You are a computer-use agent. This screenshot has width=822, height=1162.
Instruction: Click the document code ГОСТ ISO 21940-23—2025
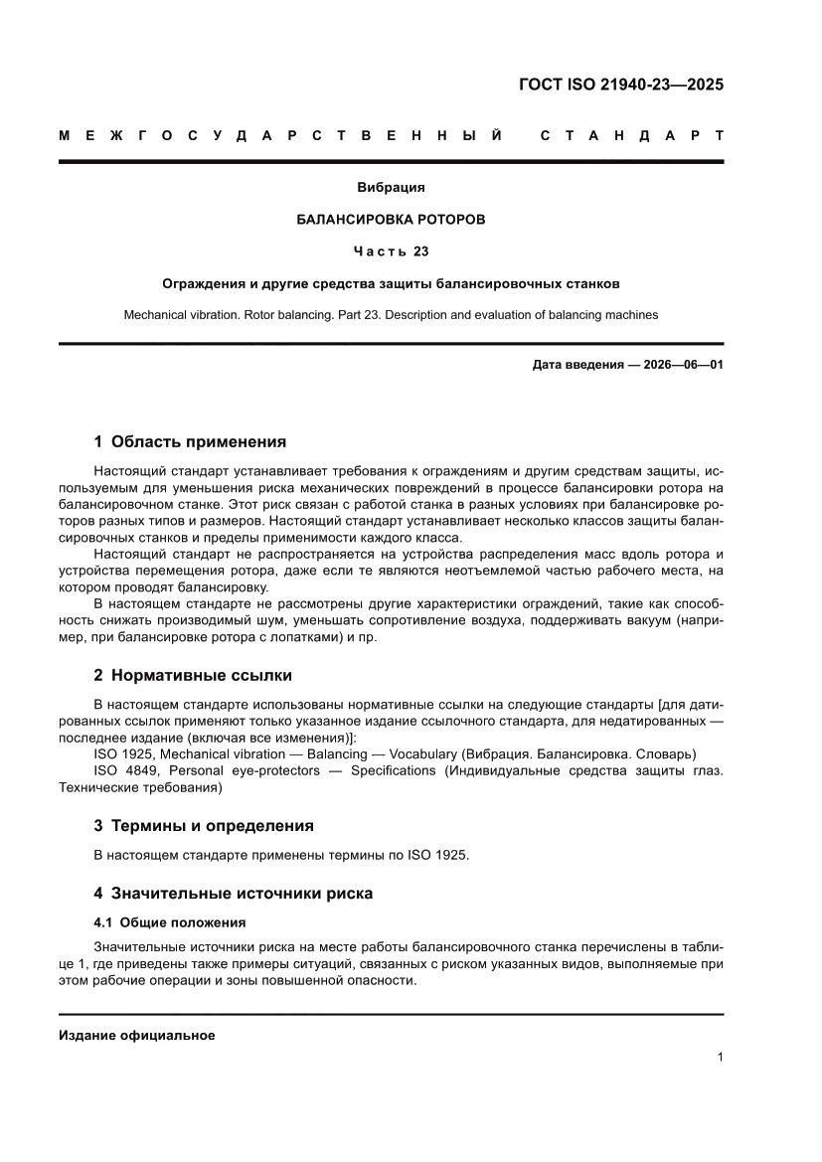click(621, 84)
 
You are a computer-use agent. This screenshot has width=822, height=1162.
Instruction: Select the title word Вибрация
click(391, 186)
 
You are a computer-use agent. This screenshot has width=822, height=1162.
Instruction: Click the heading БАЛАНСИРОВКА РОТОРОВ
click(391, 219)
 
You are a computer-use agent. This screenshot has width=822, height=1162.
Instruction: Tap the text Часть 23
click(391, 250)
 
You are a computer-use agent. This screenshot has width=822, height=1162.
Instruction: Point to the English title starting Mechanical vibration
click(391, 314)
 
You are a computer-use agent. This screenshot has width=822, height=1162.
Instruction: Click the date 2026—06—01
click(674, 365)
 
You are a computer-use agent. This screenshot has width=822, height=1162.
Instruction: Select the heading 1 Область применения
click(190, 441)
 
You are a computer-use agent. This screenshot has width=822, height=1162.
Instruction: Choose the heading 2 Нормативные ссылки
click(192, 675)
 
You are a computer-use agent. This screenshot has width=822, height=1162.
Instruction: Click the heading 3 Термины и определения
click(203, 825)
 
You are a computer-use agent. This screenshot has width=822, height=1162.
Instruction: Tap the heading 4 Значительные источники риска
click(233, 893)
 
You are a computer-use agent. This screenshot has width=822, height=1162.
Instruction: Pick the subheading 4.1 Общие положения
click(169, 921)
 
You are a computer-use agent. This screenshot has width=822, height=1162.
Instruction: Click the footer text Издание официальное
click(137, 1035)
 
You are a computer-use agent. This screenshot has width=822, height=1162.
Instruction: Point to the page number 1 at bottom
click(719, 1058)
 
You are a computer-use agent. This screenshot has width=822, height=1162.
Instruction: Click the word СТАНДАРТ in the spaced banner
click(631, 135)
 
